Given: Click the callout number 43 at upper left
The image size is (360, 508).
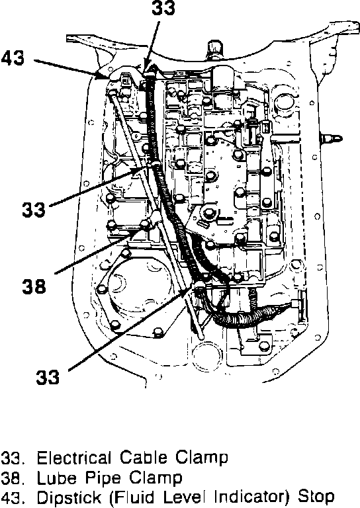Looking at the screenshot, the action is pos(13,59).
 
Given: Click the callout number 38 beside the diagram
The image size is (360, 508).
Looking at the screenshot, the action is pos(34,286).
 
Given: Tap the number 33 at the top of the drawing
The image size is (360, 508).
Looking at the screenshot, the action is pos(163,8).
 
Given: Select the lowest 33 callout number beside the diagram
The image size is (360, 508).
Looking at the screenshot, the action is pos(48,377).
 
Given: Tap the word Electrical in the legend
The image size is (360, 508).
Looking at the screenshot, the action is pos(74,458).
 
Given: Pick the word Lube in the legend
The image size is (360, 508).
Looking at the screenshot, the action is pos(57,478).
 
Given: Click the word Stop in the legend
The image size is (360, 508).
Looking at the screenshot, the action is pos(316,497).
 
